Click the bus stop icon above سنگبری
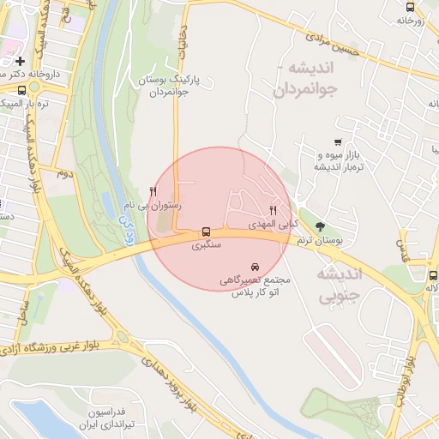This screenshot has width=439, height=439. pos(206,232)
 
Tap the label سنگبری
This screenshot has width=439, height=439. pos(206,245)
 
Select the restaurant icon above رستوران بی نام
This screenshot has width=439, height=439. pos(153,191)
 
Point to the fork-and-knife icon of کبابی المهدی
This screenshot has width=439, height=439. pos(274,209)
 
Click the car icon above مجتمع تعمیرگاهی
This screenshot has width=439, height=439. pos(256,267)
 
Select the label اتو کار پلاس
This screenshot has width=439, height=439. pos(256,292)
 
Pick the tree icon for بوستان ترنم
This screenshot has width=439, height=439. pos(321,227)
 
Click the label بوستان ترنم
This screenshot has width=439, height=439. pos(319,243)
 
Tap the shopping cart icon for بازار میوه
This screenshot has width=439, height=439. pos(339,142)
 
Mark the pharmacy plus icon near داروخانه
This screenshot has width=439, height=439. pos(19,62)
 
